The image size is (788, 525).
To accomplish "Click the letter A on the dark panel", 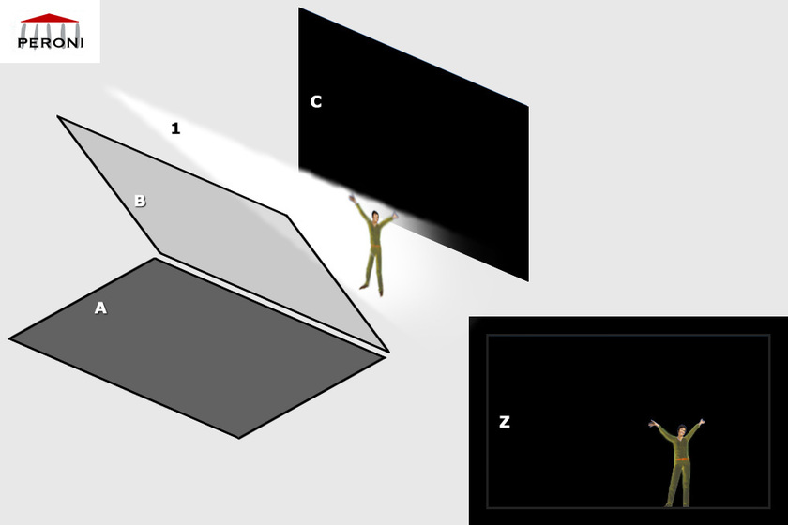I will [x=100, y=307].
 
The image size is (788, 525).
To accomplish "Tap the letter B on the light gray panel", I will [x=140, y=201].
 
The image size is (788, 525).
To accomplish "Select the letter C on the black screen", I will [x=316, y=101].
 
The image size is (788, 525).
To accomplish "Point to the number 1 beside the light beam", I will [x=175, y=128].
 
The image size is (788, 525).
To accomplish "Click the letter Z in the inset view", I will [x=505, y=422].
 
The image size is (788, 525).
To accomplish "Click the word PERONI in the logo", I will [x=50, y=43].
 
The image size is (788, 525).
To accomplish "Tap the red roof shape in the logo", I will [x=50, y=18].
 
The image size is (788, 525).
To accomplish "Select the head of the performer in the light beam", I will [x=374, y=217].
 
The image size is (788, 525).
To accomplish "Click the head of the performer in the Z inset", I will [x=682, y=433].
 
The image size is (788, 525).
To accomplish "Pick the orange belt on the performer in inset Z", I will [x=681, y=459].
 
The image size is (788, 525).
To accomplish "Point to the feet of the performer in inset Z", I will [x=679, y=504].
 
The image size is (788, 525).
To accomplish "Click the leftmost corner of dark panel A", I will [x=10, y=338].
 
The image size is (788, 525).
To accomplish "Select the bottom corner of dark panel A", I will [x=238, y=437].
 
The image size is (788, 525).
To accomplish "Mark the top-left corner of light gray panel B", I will [x=58, y=117].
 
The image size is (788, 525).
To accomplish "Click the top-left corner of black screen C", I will [x=300, y=9].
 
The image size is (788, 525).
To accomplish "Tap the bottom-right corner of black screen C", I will [x=527, y=279].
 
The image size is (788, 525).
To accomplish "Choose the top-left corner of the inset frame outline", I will [x=487, y=335].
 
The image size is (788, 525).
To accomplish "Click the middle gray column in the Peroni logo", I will [x=50, y=31].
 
